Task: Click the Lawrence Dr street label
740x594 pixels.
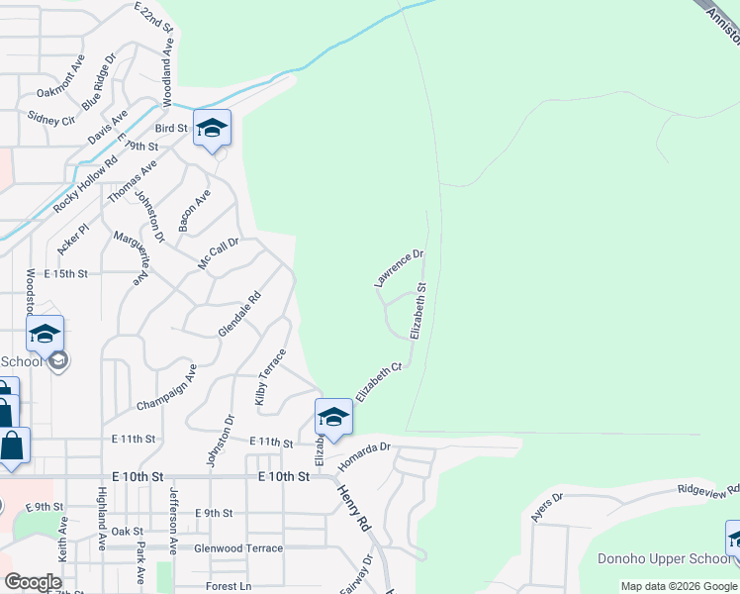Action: (400, 268)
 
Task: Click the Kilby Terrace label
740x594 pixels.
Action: (270, 377)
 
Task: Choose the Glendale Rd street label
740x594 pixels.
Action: (239, 313)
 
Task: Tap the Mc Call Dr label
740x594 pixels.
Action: (219, 253)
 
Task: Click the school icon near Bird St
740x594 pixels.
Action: (212, 128)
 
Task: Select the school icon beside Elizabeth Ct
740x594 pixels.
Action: (334, 417)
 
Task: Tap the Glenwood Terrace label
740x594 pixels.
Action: (238, 548)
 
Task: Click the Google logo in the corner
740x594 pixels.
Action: (32, 582)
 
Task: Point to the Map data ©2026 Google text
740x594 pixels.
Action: (679, 586)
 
